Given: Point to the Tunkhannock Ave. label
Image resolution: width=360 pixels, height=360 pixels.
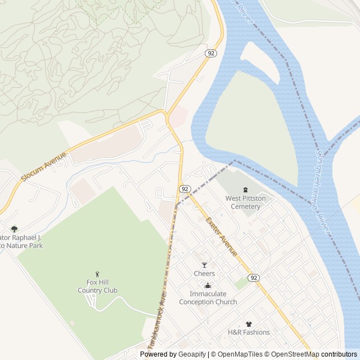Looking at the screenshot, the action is [x=157, y=321].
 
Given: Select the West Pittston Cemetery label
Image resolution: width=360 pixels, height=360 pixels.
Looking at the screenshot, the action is [x=243, y=202].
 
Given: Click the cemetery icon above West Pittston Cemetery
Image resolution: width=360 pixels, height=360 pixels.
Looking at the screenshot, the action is [x=245, y=190].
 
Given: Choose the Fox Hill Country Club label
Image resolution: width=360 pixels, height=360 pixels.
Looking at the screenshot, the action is [x=98, y=286].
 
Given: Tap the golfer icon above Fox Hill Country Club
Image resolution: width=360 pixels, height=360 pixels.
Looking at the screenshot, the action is [x=97, y=274].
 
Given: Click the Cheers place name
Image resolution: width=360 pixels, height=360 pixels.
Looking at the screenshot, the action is [x=204, y=273].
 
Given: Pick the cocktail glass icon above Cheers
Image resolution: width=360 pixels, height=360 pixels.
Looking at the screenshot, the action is [x=204, y=264].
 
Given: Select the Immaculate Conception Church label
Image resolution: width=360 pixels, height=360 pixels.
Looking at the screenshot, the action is [x=208, y=298].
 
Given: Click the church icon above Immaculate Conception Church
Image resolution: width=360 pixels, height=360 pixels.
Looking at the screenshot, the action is [x=208, y=285].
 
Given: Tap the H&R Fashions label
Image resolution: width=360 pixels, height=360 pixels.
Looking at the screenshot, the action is [x=249, y=332].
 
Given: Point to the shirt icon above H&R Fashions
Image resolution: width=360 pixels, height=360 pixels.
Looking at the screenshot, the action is [x=249, y=323].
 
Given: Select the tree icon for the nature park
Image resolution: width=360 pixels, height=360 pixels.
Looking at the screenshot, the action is [x=14, y=229].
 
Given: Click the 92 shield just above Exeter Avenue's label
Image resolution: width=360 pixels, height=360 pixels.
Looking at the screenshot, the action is [x=184, y=188].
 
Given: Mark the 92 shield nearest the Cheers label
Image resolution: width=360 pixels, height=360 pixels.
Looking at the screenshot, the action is [x=254, y=278].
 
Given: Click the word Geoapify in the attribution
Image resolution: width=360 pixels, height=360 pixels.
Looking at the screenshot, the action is [x=192, y=354].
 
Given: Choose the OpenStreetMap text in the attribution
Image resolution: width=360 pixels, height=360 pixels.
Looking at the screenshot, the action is [x=292, y=354].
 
